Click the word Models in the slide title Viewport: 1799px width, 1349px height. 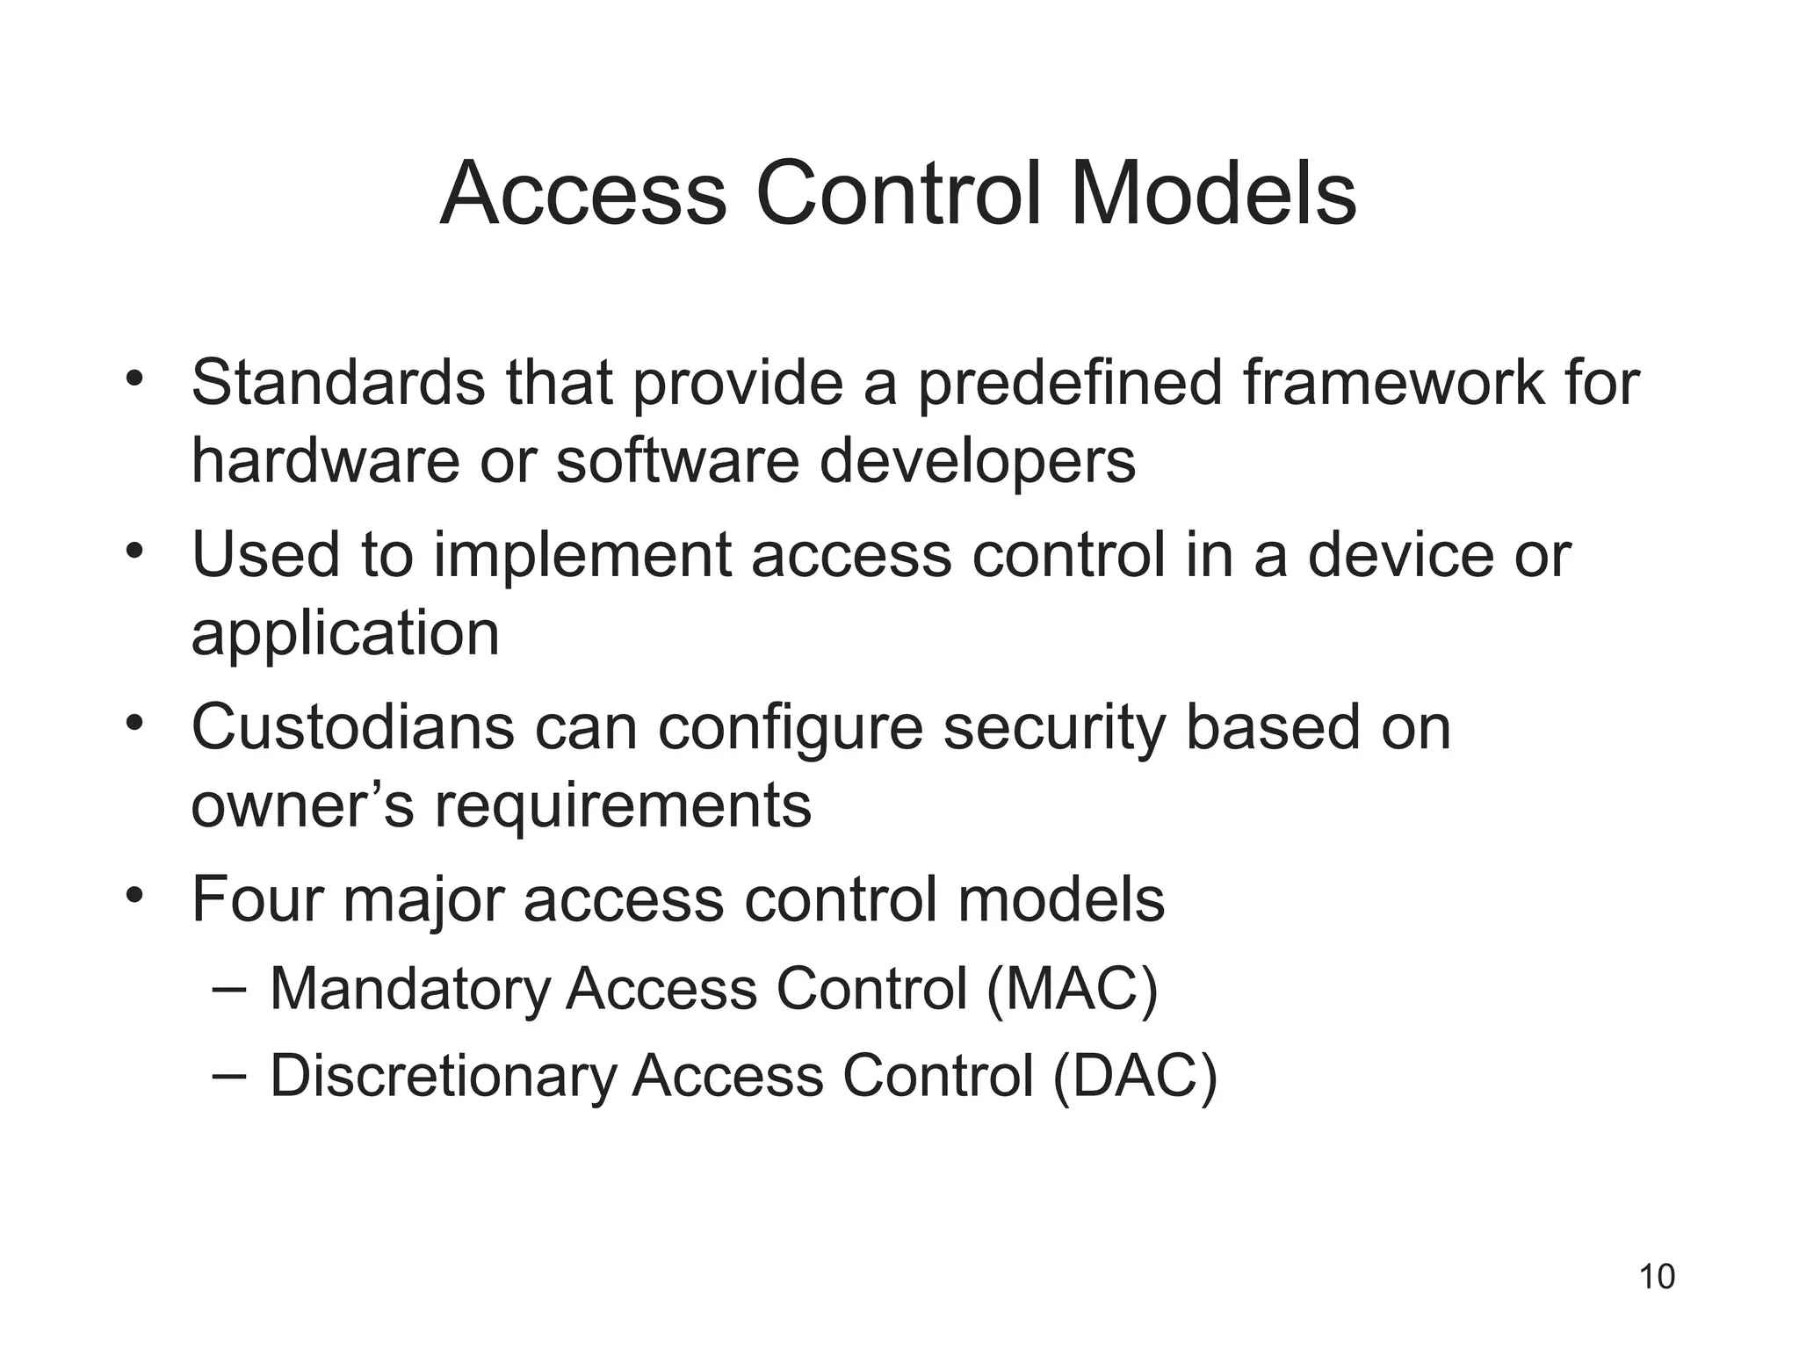[x=1213, y=193]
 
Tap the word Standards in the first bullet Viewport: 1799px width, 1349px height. [x=338, y=383]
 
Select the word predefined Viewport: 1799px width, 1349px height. [x=1070, y=383]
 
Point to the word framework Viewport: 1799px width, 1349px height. [x=1393, y=383]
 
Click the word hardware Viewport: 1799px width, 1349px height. [x=325, y=460]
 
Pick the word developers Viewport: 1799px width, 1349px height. [x=977, y=462]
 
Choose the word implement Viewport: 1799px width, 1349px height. [x=582, y=556]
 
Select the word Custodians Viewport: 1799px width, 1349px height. [x=352, y=727]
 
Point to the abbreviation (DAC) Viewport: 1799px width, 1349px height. [x=1134, y=1077]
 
